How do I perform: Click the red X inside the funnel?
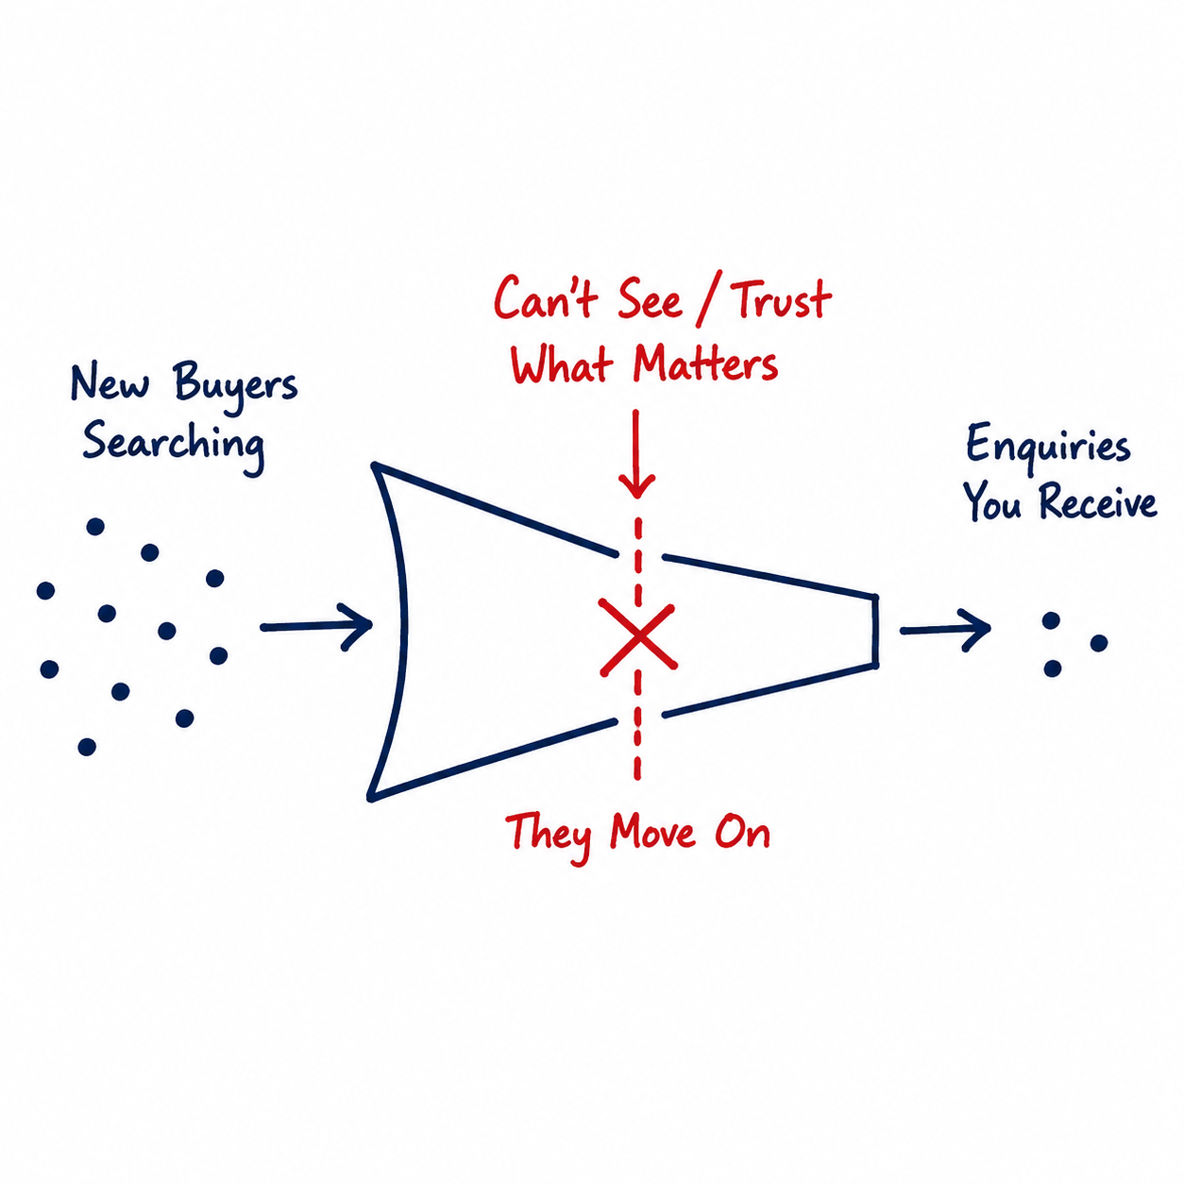click(637, 637)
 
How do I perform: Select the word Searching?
click(174, 446)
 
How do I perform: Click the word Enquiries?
click(1048, 447)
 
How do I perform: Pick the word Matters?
click(706, 364)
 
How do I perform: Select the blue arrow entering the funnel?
click(315, 627)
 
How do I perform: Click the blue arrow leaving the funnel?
click(945, 630)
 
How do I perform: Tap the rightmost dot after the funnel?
click(1099, 643)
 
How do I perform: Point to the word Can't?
click(546, 298)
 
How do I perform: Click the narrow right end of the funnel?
click(875, 631)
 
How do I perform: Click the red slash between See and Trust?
click(708, 303)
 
